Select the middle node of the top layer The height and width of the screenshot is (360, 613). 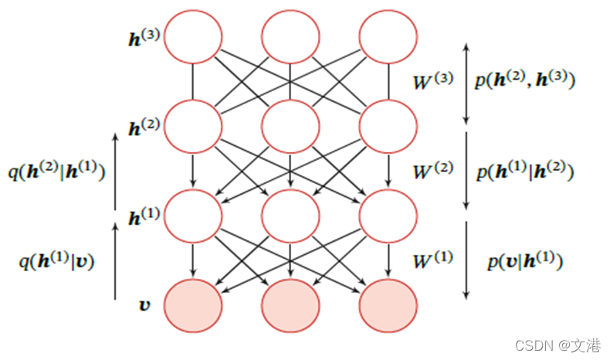(x=290, y=36)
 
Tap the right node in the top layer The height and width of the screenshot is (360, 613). (x=388, y=36)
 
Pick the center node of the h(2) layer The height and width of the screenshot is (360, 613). (x=290, y=125)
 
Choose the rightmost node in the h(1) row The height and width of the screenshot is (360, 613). (x=388, y=214)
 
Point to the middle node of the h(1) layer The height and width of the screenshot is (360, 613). (x=290, y=214)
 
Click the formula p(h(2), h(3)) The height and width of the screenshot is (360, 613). (x=525, y=80)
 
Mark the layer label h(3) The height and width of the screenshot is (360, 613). (x=145, y=36)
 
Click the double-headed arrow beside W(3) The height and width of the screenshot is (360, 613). (x=466, y=83)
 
